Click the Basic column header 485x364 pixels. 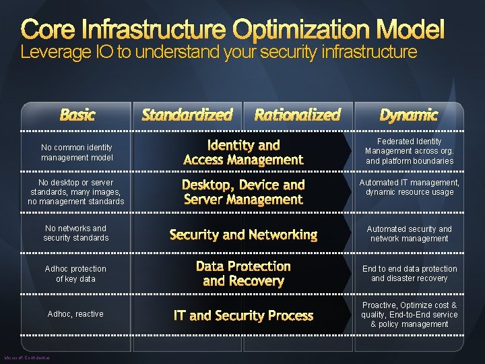(x=77, y=115)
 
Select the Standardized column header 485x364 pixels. (x=187, y=115)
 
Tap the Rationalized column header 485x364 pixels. (x=297, y=115)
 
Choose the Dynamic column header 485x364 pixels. (x=408, y=115)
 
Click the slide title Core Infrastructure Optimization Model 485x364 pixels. (x=233, y=29)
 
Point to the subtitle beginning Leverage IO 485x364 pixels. (x=219, y=52)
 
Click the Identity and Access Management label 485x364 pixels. (x=243, y=152)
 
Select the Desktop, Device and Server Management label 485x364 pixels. (x=243, y=192)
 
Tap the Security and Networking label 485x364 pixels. (x=243, y=235)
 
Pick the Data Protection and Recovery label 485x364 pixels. (x=243, y=274)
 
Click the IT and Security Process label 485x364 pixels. (x=243, y=315)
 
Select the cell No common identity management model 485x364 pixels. (x=76, y=152)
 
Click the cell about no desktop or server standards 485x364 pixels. (x=76, y=192)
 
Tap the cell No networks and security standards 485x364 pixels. (x=75, y=233)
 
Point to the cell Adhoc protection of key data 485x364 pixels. (x=75, y=274)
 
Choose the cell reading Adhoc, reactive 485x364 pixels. (x=75, y=314)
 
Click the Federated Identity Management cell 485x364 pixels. (x=410, y=151)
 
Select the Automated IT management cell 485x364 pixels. (x=410, y=187)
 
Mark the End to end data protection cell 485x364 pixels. (x=410, y=274)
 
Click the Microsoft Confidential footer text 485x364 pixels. (x=27, y=358)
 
